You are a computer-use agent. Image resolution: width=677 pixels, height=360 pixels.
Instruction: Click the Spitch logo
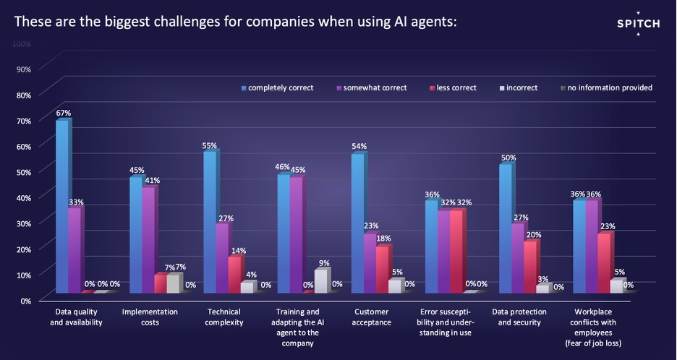click(x=638, y=24)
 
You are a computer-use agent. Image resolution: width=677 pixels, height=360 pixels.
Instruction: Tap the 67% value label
click(x=63, y=113)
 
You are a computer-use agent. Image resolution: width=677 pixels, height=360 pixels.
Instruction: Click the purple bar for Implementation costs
click(x=148, y=239)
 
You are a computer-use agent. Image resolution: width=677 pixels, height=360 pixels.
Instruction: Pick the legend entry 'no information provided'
click(x=610, y=88)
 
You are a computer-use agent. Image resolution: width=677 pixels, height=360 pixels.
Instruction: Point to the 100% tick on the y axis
click(x=22, y=44)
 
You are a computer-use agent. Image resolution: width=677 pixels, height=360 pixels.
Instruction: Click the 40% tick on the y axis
click(x=24, y=197)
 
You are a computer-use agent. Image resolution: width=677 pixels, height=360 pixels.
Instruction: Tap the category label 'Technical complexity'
click(x=223, y=317)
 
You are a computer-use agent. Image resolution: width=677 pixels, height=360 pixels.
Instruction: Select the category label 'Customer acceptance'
click(x=373, y=317)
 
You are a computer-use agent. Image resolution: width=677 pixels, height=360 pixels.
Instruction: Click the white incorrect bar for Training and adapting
click(x=321, y=280)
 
